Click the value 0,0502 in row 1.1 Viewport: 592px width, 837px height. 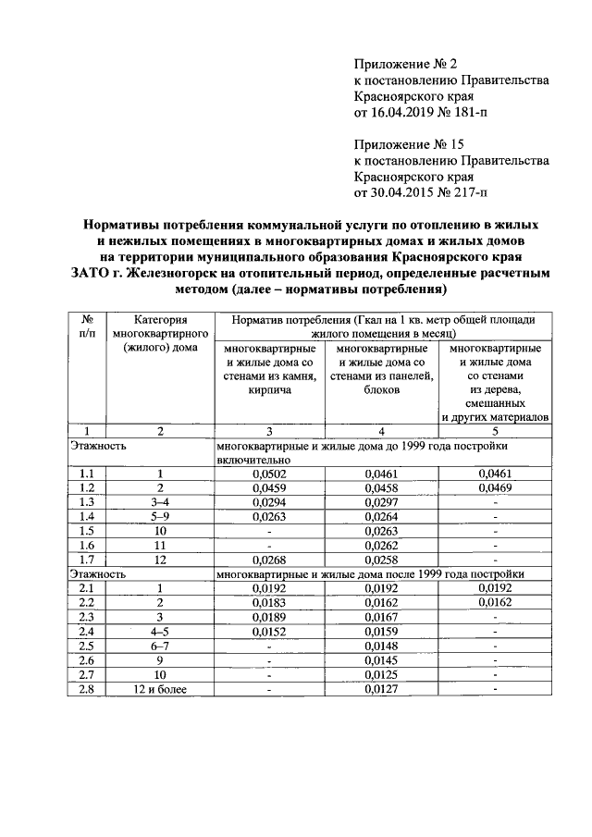pos(269,474)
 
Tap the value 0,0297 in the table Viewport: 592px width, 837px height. pos(381,502)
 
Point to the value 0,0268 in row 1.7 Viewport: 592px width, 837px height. pos(269,560)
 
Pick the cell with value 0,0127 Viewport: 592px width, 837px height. pos(381,688)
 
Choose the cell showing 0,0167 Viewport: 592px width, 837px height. pos(381,617)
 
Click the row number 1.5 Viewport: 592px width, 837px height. pos(87,531)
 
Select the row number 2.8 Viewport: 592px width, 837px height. pos(87,688)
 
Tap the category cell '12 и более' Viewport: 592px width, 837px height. pos(159,688)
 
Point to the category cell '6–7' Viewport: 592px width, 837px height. pos(159,646)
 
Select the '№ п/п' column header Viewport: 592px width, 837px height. pos(87,326)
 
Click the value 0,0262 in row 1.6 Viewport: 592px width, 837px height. pos(381,545)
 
